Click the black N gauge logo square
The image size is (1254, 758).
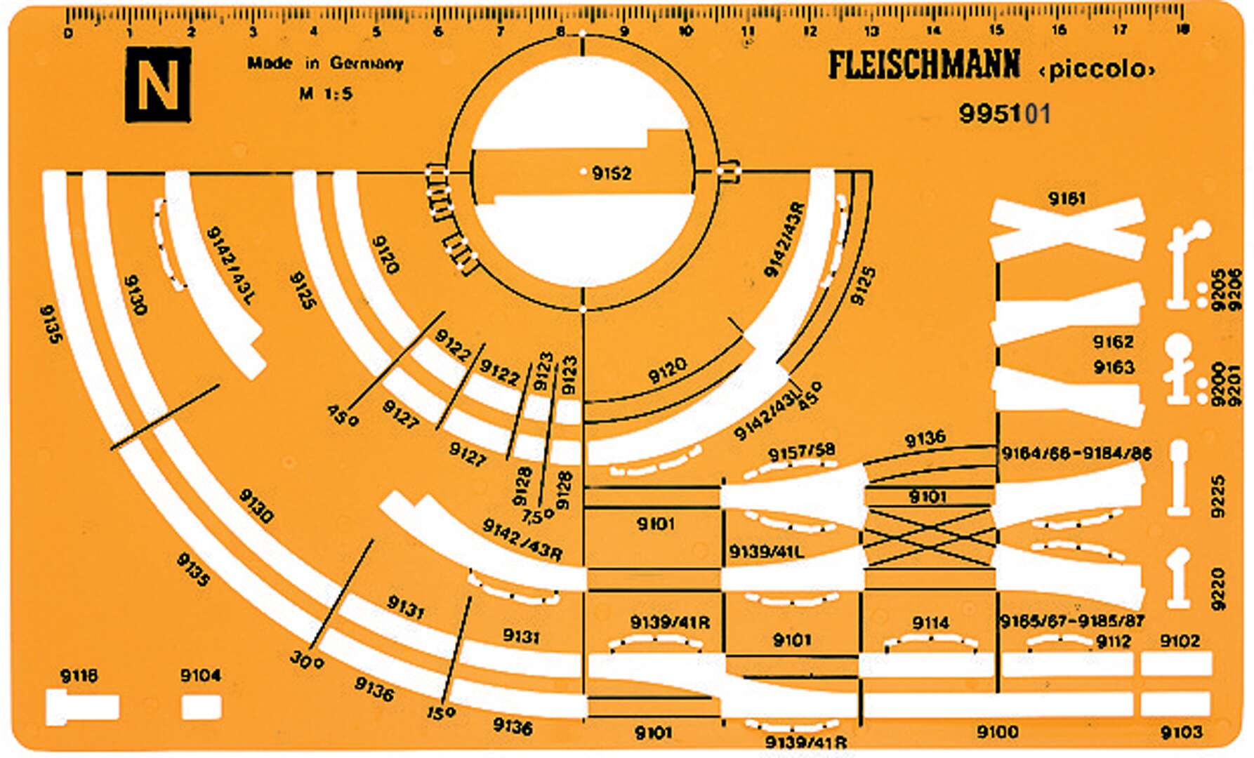[x=158, y=86]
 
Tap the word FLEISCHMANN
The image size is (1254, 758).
[x=924, y=65]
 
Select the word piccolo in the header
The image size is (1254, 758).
[x=1096, y=70]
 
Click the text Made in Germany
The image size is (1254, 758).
[x=325, y=64]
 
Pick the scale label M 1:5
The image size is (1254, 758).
[x=326, y=93]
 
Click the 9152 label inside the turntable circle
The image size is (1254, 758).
[x=612, y=173]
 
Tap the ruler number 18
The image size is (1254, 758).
[x=1182, y=29]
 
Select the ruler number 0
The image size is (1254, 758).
[x=68, y=33]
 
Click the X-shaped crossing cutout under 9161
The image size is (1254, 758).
[x=1067, y=230]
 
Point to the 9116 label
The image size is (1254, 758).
[x=79, y=676]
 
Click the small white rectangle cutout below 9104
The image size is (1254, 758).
[x=202, y=707]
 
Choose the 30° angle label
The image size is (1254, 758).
[x=305, y=660]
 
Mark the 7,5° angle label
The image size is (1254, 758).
[x=539, y=516]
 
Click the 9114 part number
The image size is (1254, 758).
[x=930, y=623]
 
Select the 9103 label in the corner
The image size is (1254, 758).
[x=1181, y=733]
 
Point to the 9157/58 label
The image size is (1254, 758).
[x=801, y=453]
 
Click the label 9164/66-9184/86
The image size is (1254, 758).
[x=1076, y=453]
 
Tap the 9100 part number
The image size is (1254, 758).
[x=997, y=733]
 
